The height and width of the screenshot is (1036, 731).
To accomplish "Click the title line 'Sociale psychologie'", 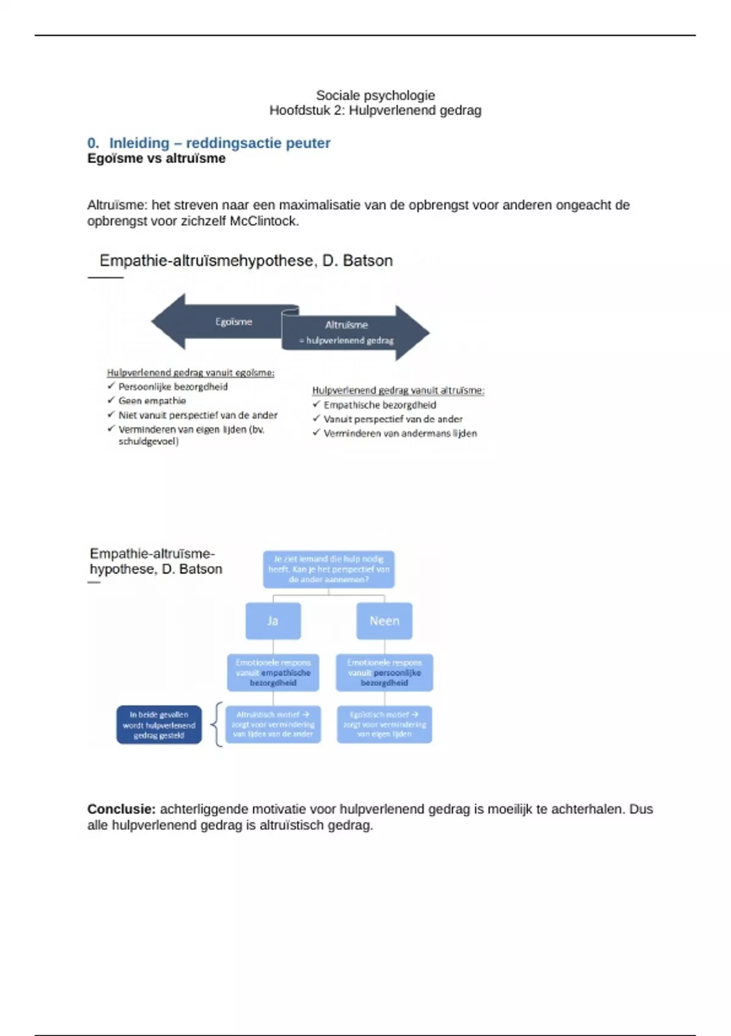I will tap(375, 95).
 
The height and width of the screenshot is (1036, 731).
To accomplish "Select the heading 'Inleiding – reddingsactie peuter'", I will tap(219, 143).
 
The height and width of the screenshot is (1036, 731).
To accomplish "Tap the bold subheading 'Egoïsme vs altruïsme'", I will tap(156, 158).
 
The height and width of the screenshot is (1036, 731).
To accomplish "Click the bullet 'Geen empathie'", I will tap(152, 401).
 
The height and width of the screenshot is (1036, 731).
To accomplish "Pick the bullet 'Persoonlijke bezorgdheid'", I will tap(172, 387).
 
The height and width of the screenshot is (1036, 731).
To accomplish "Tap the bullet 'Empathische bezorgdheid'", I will tap(380, 405).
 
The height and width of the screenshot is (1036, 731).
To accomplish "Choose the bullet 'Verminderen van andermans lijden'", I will tap(400, 433).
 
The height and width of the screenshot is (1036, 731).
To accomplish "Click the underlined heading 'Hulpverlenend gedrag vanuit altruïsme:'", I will tap(398, 391).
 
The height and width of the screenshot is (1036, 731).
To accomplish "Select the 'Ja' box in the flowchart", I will tap(273, 621).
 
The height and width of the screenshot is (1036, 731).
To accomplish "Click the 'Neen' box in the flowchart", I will tap(384, 621).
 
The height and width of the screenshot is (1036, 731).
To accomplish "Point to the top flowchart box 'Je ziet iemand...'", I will tap(328, 569).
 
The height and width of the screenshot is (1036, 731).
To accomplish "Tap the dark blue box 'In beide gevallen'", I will tap(159, 725).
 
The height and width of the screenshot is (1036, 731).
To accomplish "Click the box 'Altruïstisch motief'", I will tap(273, 725).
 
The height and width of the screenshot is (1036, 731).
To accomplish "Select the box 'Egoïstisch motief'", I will tap(384, 725).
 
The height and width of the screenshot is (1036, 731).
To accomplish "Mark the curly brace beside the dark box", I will tap(216, 724).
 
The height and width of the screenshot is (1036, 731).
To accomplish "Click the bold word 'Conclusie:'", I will tap(121, 809).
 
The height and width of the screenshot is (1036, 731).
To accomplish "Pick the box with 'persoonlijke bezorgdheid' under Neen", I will tap(384, 673).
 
